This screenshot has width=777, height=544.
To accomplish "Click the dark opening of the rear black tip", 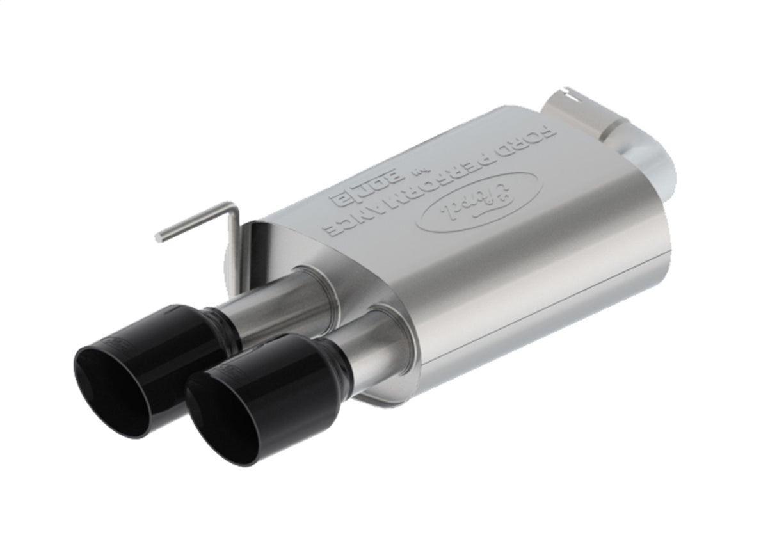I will click(111, 392).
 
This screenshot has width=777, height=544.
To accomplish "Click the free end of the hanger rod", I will click(159, 236).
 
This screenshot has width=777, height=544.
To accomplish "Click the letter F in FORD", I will click(550, 133).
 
